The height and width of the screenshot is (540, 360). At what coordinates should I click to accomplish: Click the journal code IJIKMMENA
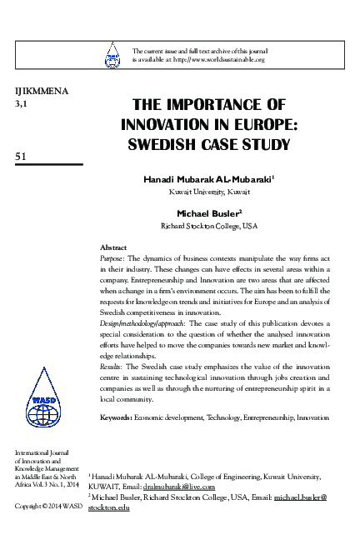(x=35, y=91)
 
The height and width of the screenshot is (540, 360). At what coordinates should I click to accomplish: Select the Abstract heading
(x=112, y=247)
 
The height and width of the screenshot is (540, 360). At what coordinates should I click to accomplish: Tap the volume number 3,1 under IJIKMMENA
(x=21, y=104)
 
